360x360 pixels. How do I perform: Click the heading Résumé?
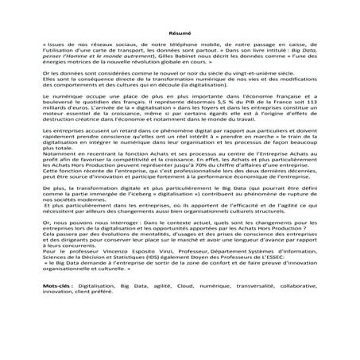[179, 34]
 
